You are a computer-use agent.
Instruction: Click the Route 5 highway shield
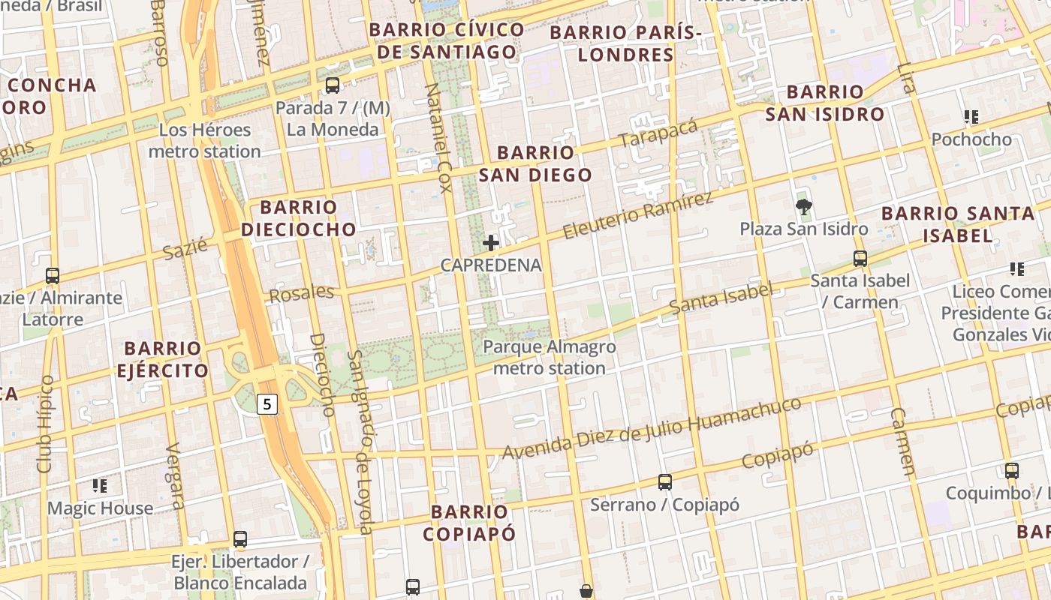click(268, 404)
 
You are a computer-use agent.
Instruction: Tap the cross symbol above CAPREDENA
click(491, 243)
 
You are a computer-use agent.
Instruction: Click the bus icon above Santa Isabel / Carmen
click(860, 259)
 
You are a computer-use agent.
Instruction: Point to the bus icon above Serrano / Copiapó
click(664, 481)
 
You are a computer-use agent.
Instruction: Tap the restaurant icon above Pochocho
click(971, 117)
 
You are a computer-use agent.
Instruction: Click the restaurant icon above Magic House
click(100, 486)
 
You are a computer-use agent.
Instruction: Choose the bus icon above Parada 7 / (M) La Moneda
click(333, 85)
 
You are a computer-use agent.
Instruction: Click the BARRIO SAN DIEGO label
click(535, 163)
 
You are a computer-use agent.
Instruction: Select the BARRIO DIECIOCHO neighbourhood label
click(299, 217)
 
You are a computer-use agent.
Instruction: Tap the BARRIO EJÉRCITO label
click(163, 359)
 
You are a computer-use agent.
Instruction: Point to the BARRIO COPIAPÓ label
click(470, 523)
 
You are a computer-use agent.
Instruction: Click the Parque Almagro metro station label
click(550, 358)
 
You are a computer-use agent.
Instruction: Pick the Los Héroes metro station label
click(204, 141)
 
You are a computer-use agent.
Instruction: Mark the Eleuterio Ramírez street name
click(637, 215)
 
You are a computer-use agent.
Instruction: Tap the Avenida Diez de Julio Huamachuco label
click(652, 429)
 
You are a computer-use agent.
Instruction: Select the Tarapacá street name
click(658, 133)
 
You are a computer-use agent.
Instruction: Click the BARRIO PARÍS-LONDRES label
click(626, 43)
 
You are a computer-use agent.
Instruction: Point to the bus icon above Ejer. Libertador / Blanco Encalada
click(240, 538)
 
